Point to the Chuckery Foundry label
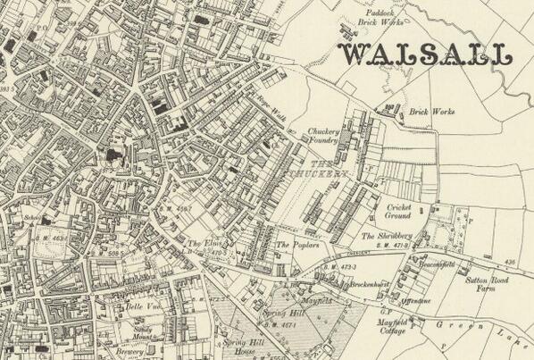[323, 135]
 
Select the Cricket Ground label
[397, 213]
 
